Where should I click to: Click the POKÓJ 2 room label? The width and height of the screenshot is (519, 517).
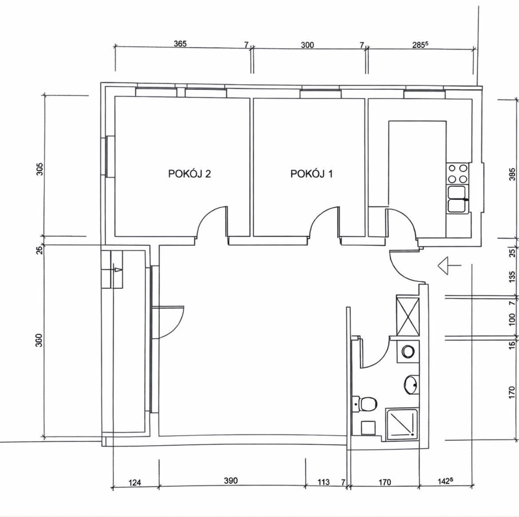click(189, 174)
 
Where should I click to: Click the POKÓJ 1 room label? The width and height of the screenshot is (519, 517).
click(311, 174)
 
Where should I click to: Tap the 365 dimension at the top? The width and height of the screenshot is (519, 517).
click(181, 43)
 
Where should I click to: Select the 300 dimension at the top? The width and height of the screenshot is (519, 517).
click(307, 45)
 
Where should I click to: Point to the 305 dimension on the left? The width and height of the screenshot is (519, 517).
click(39, 169)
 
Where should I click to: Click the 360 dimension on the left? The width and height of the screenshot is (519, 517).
click(39, 340)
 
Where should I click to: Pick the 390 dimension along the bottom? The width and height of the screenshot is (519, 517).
click(231, 480)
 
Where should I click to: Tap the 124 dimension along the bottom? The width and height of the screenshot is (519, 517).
click(134, 482)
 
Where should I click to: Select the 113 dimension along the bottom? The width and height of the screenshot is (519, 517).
click(323, 482)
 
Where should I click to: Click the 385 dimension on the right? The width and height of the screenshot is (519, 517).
click(512, 174)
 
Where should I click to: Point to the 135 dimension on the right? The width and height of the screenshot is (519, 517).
click(512, 277)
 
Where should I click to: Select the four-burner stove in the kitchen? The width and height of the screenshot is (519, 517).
click(457, 174)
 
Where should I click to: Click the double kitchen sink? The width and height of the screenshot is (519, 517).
click(458, 199)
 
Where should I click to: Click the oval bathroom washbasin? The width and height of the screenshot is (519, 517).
click(411, 385)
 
